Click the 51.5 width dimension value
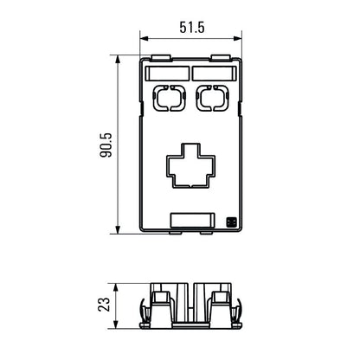coord(190,29)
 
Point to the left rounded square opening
coord(167,99)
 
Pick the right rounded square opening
coord(212,99)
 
